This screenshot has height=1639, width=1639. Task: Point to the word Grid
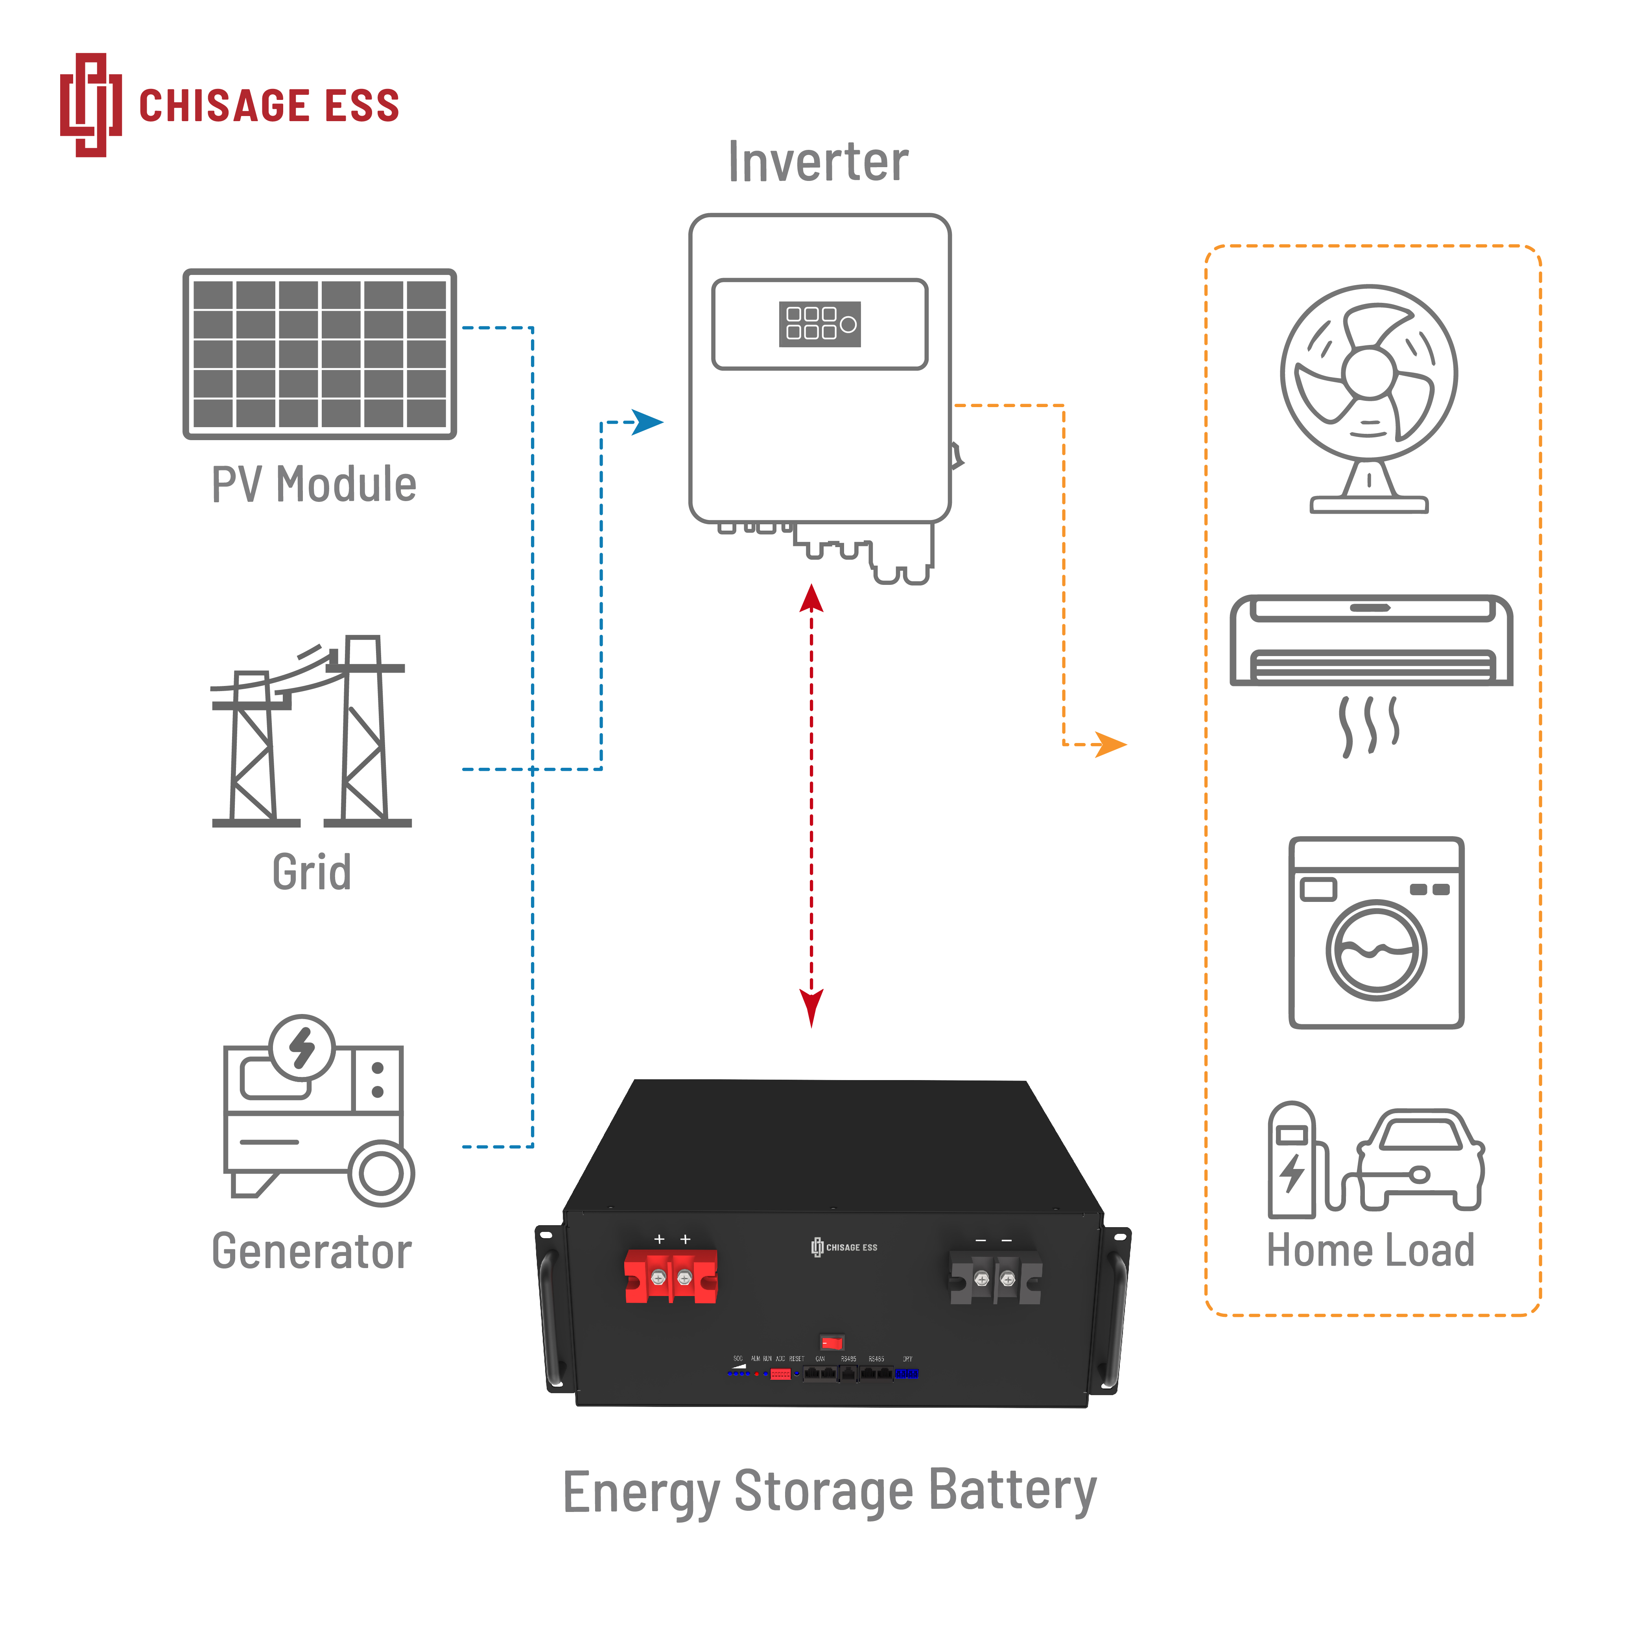pos(312,872)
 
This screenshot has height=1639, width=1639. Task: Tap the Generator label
pos(312,1251)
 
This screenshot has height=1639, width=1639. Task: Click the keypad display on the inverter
pos(820,324)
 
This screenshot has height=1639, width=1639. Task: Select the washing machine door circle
pos(1376,950)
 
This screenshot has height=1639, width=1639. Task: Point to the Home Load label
pos(1370,1250)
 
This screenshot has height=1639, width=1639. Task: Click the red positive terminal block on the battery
pos(670,1276)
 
